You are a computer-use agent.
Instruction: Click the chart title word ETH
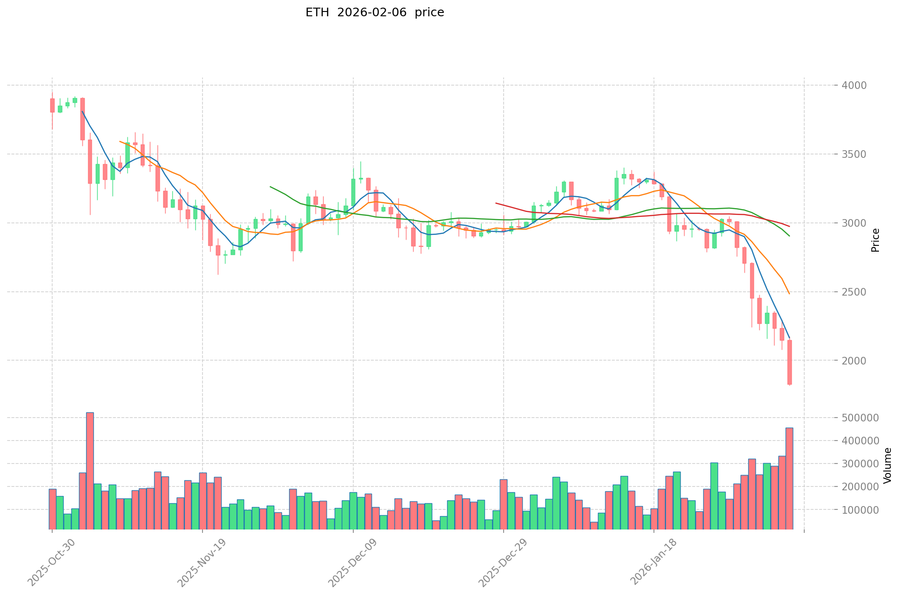coord(317,12)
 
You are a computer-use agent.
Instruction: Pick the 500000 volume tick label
coord(863,418)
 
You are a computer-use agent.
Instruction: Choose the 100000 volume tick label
coord(863,510)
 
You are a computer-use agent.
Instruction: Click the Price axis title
coord(876,240)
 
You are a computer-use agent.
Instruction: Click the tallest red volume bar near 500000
coord(90,471)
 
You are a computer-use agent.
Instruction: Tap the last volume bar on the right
coord(789,478)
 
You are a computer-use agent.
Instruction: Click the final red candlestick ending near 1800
coord(789,362)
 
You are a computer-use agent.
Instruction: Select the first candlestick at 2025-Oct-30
coord(52,105)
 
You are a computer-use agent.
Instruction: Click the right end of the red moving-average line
coord(789,226)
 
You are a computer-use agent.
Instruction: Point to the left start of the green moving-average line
coord(270,187)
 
